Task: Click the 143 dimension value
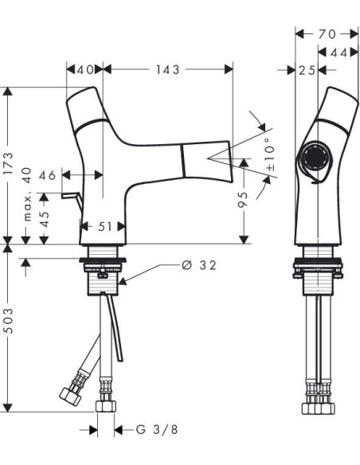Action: click(168, 70)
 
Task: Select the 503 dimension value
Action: click(9, 321)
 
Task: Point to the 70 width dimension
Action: click(327, 34)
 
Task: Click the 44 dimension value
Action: click(338, 53)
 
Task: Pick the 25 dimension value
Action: click(307, 70)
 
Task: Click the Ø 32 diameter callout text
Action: click(199, 265)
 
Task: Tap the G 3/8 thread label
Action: click(157, 429)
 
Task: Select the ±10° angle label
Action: click(270, 154)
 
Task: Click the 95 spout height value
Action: click(243, 199)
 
